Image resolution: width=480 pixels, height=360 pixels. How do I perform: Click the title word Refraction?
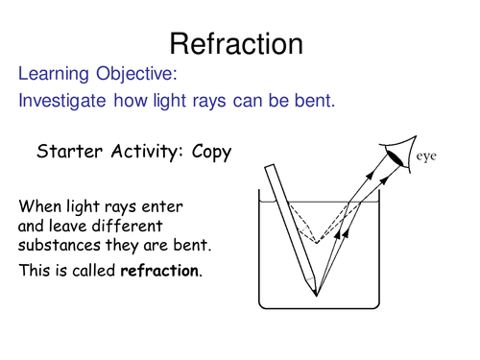click(x=236, y=42)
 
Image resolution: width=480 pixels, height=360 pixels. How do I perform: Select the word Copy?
click(x=208, y=152)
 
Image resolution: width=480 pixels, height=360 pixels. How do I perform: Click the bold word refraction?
click(x=160, y=272)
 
